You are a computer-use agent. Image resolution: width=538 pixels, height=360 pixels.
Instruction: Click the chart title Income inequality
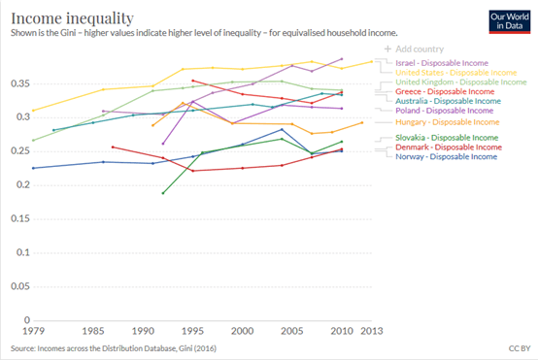pos(72,18)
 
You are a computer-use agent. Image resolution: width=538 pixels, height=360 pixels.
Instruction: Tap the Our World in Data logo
pos(510,22)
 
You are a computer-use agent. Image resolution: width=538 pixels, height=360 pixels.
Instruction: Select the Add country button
pos(414,49)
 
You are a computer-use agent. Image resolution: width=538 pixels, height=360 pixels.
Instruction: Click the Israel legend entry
pos(442,63)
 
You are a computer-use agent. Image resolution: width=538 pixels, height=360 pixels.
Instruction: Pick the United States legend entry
pos(456,73)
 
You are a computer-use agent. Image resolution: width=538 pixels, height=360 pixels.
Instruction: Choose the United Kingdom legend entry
pos(461,82)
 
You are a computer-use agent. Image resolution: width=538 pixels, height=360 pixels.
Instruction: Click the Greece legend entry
pos(445,91)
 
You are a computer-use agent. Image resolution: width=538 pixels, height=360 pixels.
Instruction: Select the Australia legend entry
pos(448,101)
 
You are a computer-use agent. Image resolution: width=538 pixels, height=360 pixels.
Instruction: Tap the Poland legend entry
pos(445,111)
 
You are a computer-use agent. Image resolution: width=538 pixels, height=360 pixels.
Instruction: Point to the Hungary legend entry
pos(447,122)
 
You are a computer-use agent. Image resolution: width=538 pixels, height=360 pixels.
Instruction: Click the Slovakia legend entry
pos(447,138)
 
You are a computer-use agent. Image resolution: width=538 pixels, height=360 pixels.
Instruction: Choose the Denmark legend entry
pos(449,147)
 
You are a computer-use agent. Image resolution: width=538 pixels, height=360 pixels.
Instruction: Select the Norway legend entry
pos(446,157)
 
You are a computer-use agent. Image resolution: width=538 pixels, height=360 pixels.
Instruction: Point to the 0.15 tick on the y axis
pos(20,218)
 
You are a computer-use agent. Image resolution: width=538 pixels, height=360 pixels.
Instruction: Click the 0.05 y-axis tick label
pos(20,286)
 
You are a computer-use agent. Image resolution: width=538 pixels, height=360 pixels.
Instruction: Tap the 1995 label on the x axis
pos(192,331)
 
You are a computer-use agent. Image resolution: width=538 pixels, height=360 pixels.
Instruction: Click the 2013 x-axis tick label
pos(372,331)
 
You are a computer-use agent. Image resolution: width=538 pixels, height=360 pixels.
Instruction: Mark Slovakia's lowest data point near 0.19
pos(163,193)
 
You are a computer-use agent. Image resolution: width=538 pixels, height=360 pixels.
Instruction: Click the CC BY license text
pos(520,348)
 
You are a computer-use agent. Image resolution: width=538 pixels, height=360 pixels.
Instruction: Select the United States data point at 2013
pos(372,62)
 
